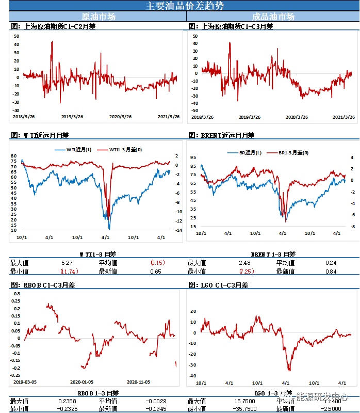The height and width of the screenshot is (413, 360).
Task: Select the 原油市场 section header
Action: [99, 17]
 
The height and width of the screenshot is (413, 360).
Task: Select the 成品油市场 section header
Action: [273, 17]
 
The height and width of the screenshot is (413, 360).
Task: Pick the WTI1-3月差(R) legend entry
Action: [120, 150]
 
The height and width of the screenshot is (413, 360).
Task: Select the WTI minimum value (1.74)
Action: [69, 271]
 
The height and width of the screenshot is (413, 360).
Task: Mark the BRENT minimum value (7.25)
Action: [247, 271]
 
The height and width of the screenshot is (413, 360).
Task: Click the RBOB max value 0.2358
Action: [68, 401]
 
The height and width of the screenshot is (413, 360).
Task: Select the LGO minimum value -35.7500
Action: [246, 409]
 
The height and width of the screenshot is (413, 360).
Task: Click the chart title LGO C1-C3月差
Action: [219, 285]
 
